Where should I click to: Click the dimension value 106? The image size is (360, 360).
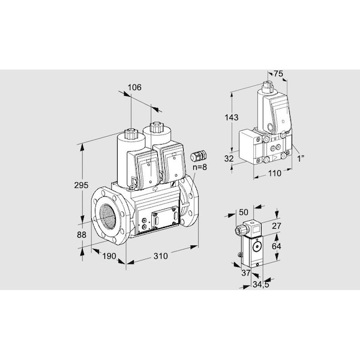point(134,88)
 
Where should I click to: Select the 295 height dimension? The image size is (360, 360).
point(81,185)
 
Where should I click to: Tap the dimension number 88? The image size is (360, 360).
point(82,235)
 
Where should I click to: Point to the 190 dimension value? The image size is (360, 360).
point(109,256)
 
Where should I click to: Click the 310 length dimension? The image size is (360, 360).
point(160,256)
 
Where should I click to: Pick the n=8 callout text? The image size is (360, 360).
point(200,167)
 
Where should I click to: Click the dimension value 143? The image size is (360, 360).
point(232,118)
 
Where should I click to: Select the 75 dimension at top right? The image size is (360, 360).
point(278,74)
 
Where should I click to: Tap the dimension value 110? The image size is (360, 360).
point(275,173)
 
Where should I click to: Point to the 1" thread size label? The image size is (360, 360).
point(301,158)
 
